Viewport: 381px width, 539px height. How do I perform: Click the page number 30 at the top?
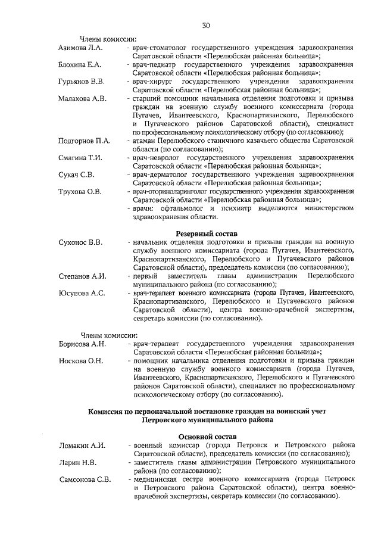[x=205, y=25]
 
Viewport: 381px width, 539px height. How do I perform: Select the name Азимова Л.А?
[x=81, y=47]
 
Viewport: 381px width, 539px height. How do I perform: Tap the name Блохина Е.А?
[x=80, y=64]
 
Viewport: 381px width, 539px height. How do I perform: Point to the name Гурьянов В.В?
[x=82, y=81]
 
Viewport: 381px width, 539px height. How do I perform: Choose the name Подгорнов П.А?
[x=85, y=141]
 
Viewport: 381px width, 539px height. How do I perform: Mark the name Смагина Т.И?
[x=81, y=158]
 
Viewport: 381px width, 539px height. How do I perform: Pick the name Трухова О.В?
[x=80, y=192]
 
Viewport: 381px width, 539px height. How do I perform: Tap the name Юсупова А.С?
[x=82, y=294]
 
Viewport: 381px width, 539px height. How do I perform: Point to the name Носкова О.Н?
[x=81, y=361]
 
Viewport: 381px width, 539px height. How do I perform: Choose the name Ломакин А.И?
[x=82, y=445]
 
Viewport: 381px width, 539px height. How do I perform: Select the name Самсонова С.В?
[x=85, y=479]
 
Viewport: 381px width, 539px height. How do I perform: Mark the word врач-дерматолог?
[x=158, y=175]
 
